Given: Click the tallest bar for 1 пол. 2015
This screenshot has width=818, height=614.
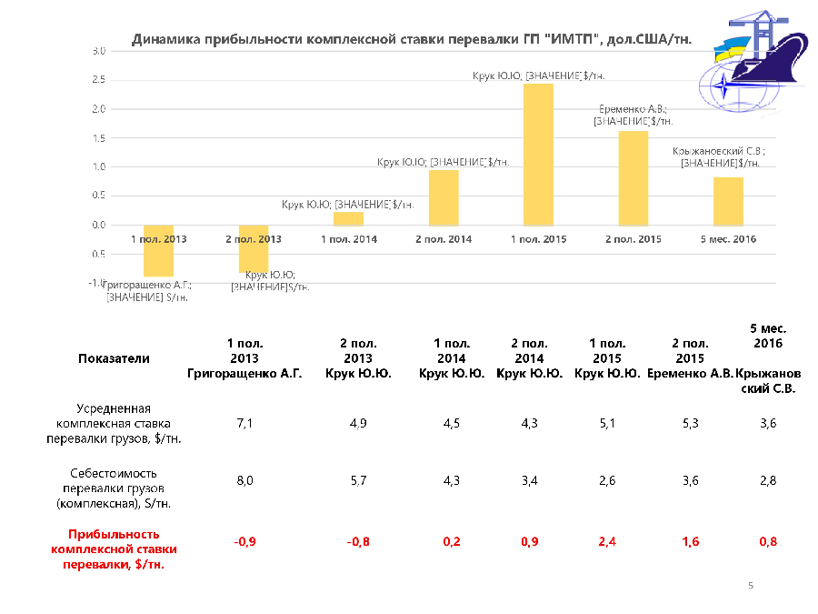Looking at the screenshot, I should [538, 155].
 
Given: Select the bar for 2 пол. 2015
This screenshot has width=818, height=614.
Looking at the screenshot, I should [633, 178].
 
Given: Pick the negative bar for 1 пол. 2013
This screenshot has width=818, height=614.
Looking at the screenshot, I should [158, 250].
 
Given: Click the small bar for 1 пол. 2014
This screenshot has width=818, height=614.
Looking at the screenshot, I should [348, 218].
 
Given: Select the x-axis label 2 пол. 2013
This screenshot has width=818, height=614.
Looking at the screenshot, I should [254, 239].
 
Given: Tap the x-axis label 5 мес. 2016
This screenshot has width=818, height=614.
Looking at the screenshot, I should [728, 239].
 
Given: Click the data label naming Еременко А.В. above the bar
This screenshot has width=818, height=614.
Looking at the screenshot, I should [633, 115].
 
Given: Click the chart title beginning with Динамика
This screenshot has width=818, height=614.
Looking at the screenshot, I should [412, 39].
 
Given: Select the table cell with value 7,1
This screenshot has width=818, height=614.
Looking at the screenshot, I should [244, 423].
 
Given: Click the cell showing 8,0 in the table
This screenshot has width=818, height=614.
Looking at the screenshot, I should [244, 480].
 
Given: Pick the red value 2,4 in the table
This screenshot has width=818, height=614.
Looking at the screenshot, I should [607, 542].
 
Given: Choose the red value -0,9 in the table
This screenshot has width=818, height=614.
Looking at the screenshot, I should [244, 542].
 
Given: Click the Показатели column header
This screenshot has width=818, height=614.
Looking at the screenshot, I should [114, 358].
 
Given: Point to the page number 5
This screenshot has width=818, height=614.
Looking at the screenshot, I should [751, 585].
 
